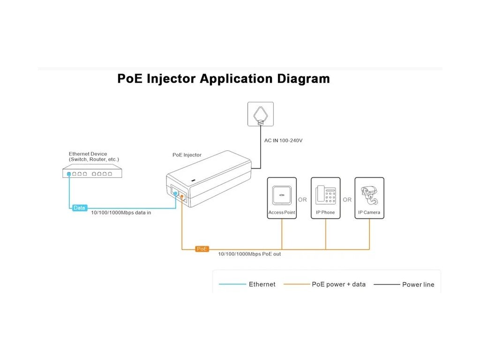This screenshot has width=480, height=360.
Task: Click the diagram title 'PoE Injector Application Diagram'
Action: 223,78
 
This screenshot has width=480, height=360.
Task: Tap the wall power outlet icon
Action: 260,114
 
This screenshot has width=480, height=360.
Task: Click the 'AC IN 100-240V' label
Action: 284,140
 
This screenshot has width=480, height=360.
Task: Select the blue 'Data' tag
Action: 80,207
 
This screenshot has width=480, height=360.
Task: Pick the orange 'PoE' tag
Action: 202,249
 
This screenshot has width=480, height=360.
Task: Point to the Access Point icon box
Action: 282,197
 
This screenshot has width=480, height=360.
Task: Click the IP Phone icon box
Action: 325,197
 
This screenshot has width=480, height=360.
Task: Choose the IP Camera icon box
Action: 369,197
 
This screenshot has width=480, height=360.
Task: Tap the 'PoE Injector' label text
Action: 187,155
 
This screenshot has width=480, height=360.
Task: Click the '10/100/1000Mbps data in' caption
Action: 120,212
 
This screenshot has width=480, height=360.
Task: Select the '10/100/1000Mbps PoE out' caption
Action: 249,254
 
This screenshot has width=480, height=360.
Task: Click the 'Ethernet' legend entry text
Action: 262,284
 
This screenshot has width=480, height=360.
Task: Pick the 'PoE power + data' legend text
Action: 338,284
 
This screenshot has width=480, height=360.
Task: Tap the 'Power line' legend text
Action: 418,285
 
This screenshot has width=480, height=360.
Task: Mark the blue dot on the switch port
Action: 69,174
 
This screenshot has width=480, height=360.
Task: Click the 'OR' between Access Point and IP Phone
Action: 302,200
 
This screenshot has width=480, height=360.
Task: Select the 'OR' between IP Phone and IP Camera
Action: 347,200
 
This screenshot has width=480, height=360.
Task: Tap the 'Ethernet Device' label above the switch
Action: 88,154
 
